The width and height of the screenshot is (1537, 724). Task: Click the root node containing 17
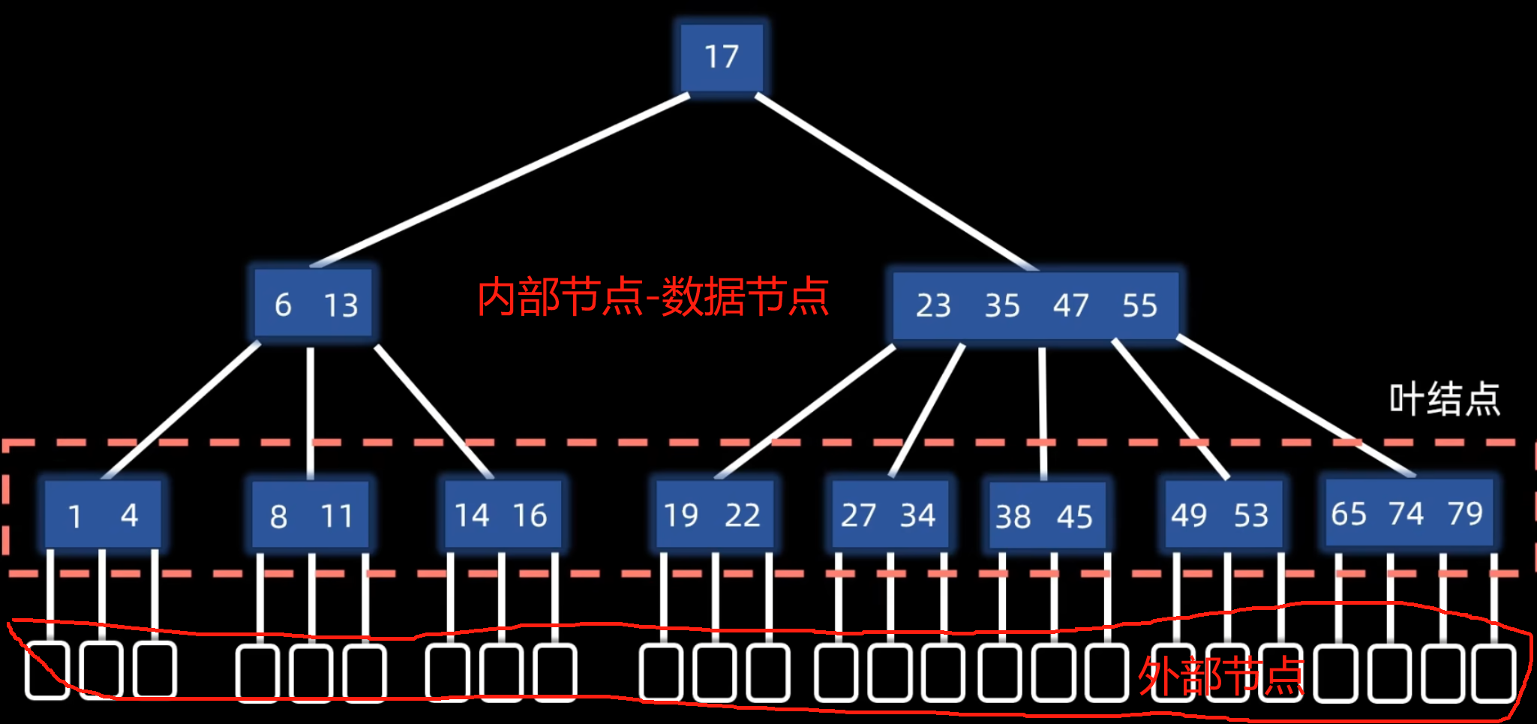pyautogui.click(x=722, y=57)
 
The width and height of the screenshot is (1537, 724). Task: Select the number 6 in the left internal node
pyautogui.click(x=283, y=305)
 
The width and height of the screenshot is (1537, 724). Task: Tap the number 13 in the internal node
pyautogui.click(x=341, y=305)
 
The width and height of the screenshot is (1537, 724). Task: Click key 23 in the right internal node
pyautogui.click(x=933, y=306)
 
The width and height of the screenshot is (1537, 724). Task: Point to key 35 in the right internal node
pyautogui.click(x=1002, y=306)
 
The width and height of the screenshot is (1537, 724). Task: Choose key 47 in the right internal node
pyautogui.click(x=1070, y=306)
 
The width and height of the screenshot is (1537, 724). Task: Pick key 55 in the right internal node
pyautogui.click(x=1139, y=306)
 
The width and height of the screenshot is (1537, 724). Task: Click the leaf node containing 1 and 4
pyautogui.click(x=103, y=515)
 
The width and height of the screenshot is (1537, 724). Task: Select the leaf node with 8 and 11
pyautogui.click(x=311, y=515)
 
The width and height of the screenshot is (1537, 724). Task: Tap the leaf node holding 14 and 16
pyautogui.click(x=502, y=515)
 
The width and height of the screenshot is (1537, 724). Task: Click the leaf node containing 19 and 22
pyautogui.click(x=713, y=515)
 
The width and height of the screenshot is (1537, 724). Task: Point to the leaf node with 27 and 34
pyautogui.click(x=889, y=515)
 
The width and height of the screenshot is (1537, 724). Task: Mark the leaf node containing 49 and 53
pyautogui.click(x=1220, y=515)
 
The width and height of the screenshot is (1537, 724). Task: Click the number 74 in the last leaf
pyautogui.click(x=1406, y=514)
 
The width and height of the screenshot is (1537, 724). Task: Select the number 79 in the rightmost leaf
pyautogui.click(x=1465, y=514)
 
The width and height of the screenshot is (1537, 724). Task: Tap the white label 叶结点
pyautogui.click(x=1444, y=398)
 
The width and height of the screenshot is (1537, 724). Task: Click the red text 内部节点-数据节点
pyautogui.click(x=653, y=297)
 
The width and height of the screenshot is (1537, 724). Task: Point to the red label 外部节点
pyautogui.click(x=1221, y=676)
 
